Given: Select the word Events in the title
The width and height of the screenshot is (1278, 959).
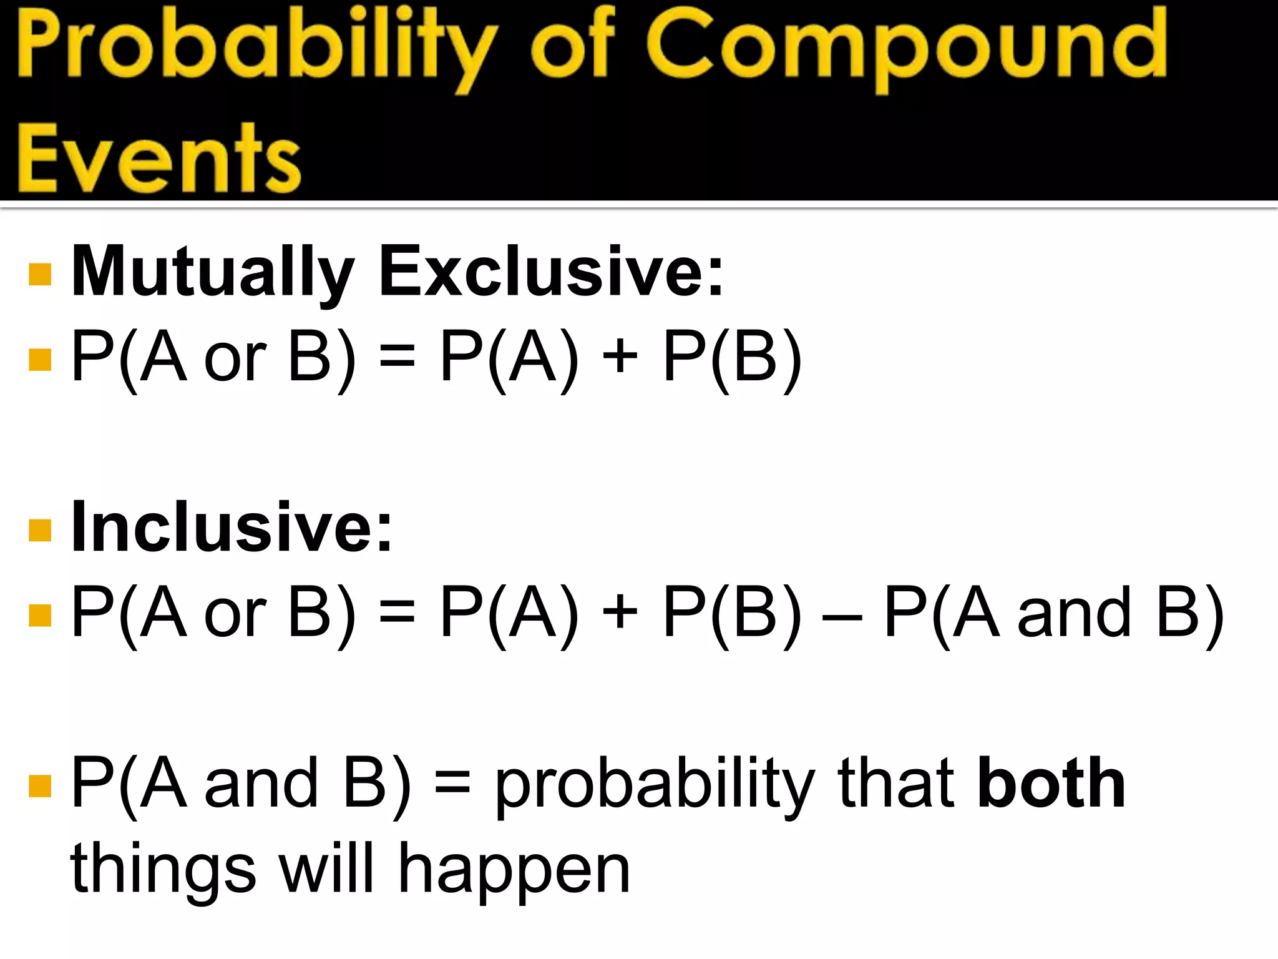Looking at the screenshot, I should [159, 159].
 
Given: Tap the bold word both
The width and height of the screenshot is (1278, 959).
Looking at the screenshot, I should [1051, 783].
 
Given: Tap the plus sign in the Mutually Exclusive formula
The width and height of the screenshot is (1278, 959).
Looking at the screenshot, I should [620, 358].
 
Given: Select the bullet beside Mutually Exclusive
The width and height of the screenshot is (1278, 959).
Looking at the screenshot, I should [40, 274].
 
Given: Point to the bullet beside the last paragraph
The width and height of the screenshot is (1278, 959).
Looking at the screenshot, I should [40, 786].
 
